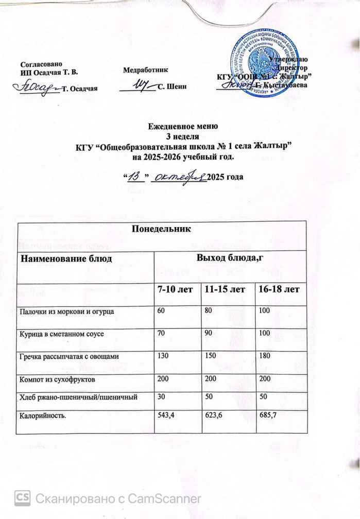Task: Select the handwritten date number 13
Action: tap(135, 177)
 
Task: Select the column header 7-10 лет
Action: tap(175, 291)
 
